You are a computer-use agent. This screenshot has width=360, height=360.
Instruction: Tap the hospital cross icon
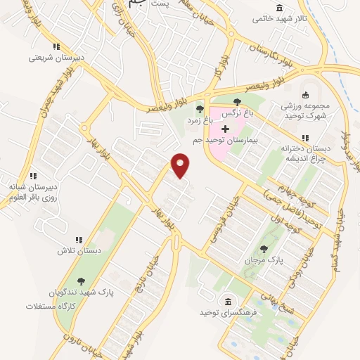(225, 129)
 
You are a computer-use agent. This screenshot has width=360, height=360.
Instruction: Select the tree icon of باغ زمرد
(200, 110)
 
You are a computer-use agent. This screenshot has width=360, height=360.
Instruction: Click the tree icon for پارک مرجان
(264, 248)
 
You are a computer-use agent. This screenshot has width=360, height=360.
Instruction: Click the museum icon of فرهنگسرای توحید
(228, 302)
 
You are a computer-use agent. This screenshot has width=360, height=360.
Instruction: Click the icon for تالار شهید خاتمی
(279, 8)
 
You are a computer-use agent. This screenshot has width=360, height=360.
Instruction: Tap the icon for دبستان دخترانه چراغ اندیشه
(304, 138)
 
